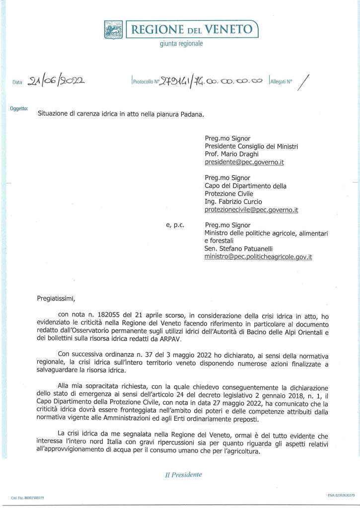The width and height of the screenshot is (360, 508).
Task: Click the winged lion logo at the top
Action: tap(113, 30)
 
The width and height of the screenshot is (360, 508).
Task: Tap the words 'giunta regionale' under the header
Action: tap(181, 44)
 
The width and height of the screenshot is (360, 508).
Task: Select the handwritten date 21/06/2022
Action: tap(56, 81)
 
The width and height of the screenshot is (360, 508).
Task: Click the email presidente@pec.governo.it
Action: tap(244, 162)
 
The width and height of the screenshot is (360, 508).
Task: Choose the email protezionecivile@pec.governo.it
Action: tap(251, 210)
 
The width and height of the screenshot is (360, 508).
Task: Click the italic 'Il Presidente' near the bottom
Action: tap(183, 475)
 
